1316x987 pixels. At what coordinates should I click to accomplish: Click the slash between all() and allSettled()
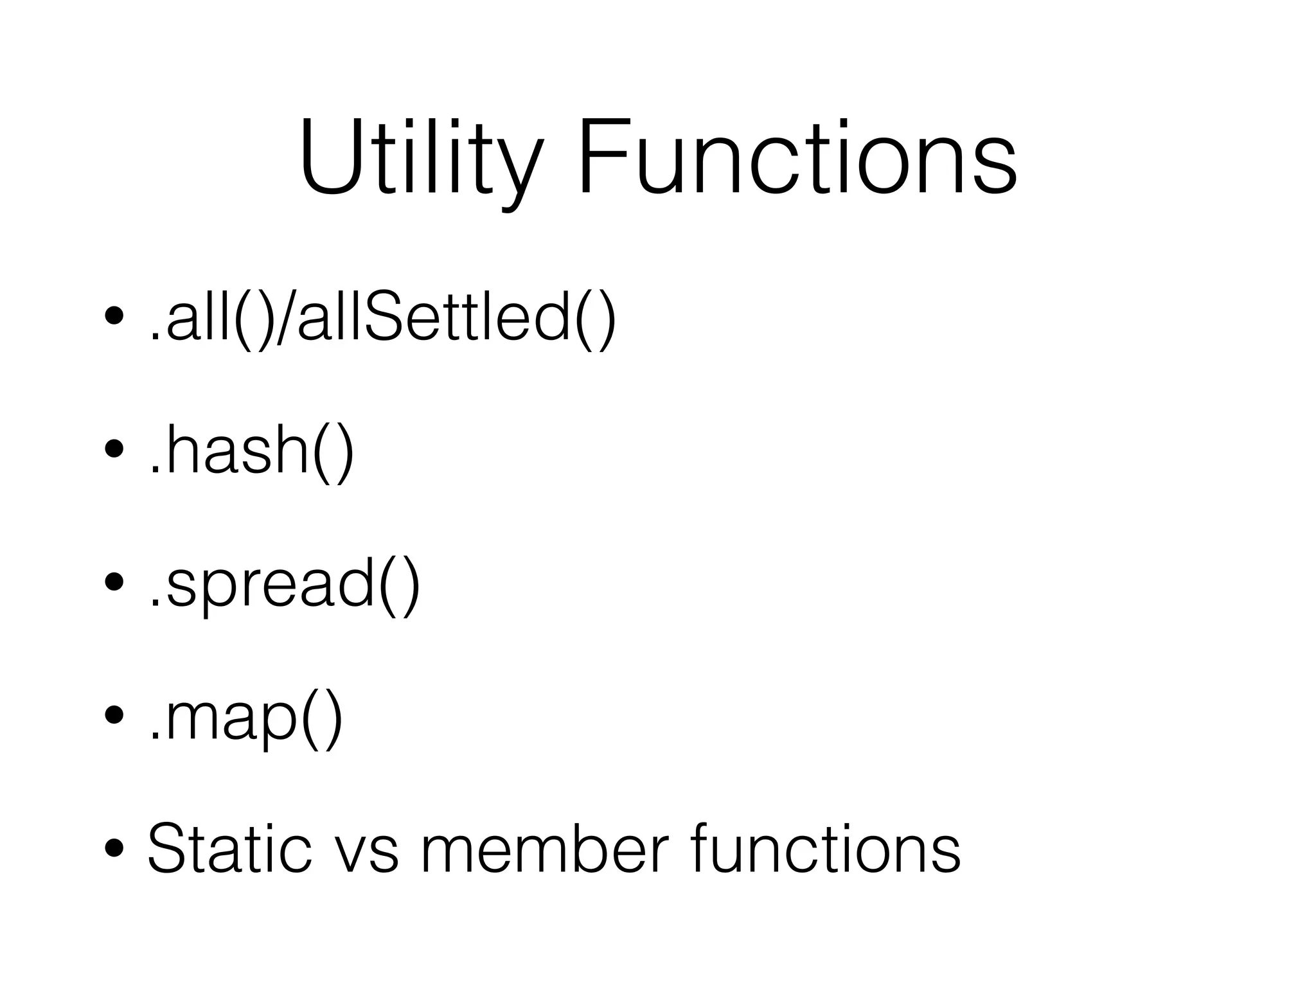coord(287,319)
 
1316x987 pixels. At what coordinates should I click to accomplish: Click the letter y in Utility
coord(518,170)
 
